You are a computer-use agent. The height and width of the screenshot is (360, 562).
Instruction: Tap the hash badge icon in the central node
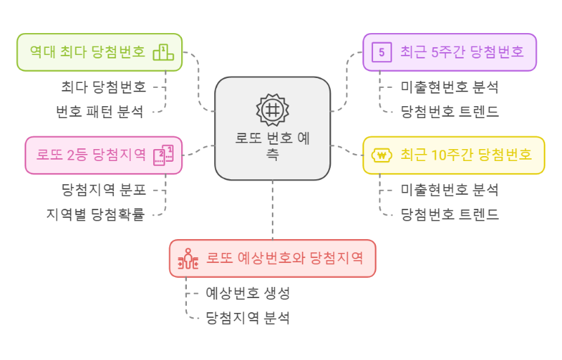(273, 110)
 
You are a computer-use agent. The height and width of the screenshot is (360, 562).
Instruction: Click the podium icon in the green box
(163, 52)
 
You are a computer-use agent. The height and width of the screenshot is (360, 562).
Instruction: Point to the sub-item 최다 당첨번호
(103, 86)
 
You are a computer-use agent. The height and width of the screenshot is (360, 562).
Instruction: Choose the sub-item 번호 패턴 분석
(99, 111)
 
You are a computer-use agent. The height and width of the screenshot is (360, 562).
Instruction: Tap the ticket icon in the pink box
(163, 155)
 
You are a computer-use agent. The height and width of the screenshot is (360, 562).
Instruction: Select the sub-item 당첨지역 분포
(103, 189)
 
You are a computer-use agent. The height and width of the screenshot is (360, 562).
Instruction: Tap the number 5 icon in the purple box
(382, 52)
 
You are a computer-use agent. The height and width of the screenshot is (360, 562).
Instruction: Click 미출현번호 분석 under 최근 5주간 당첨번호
(450, 87)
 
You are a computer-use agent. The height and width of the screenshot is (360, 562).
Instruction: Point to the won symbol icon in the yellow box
(381, 155)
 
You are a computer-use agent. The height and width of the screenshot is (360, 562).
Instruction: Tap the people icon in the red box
(188, 259)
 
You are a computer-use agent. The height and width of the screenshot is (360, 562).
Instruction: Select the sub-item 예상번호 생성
(248, 292)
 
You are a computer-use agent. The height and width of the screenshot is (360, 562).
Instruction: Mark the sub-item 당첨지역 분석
(248, 318)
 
